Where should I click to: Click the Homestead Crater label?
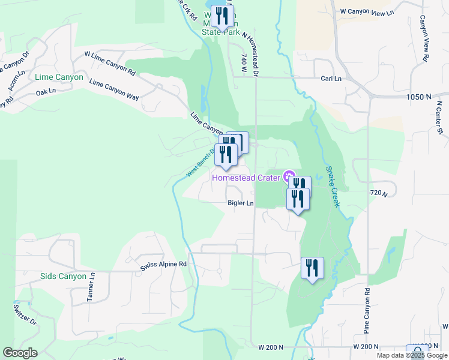pyautogui.click(x=247, y=178)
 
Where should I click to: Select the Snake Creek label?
pyautogui.click(x=333, y=187)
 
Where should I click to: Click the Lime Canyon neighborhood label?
pyautogui.click(x=59, y=77)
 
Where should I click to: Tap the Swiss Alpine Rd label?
pyautogui.click(x=163, y=265)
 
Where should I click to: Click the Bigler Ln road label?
pyautogui.click(x=241, y=203)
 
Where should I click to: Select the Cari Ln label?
pyautogui.click(x=331, y=79)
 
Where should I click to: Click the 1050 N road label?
pyautogui.click(x=418, y=97)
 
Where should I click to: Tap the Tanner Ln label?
pyautogui.click(x=91, y=287)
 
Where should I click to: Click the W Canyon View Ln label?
pyautogui.click(x=367, y=12)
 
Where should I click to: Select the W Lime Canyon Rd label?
pyautogui.click(x=110, y=62)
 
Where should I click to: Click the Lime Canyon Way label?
pyautogui.click(x=114, y=88)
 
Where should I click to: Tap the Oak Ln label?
pyautogui.click(x=46, y=92)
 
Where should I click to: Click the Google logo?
pyautogui.click(x=20, y=353)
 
